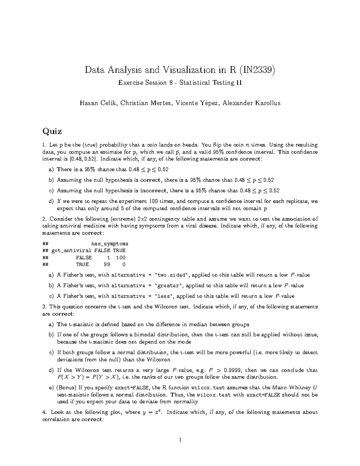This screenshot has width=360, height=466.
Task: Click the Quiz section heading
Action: click(52, 131)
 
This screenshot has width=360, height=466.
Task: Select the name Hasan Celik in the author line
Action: click(97, 103)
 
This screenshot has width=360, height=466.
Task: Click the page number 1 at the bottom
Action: click(180, 440)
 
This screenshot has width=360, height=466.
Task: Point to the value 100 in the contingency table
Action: click(121, 257)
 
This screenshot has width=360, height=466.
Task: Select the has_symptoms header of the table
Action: click(109, 244)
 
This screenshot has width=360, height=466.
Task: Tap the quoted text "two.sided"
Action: click(172, 275)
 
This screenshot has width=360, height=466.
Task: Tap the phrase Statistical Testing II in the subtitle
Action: click(211, 83)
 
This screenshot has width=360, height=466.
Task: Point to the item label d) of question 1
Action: click(51, 201)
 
